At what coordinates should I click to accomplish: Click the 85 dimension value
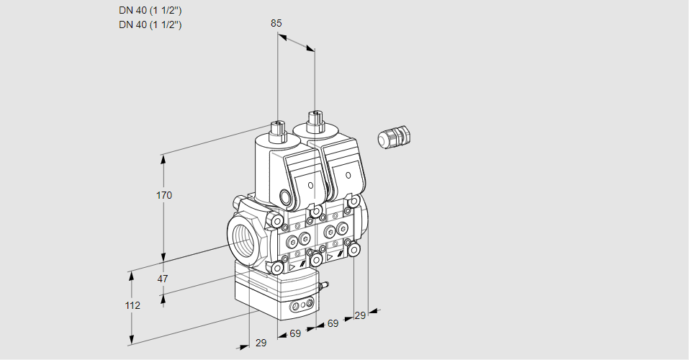(276, 23)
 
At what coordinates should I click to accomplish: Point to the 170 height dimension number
(165, 195)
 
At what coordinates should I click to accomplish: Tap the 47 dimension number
(163, 279)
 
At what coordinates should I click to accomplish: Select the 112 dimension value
(132, 305)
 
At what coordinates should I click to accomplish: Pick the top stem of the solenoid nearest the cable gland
(315, 118)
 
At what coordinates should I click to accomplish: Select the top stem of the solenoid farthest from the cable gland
(277, 130)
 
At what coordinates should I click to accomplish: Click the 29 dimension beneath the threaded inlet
(261, 343)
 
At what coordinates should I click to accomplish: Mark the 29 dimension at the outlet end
(361, 315)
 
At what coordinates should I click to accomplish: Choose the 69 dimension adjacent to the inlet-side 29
(295, 333)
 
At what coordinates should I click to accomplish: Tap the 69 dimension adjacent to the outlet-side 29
(333, 323)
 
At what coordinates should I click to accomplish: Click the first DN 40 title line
(150, 11)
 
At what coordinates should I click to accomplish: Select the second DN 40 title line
(150, 24)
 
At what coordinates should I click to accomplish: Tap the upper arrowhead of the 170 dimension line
(164, 158)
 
